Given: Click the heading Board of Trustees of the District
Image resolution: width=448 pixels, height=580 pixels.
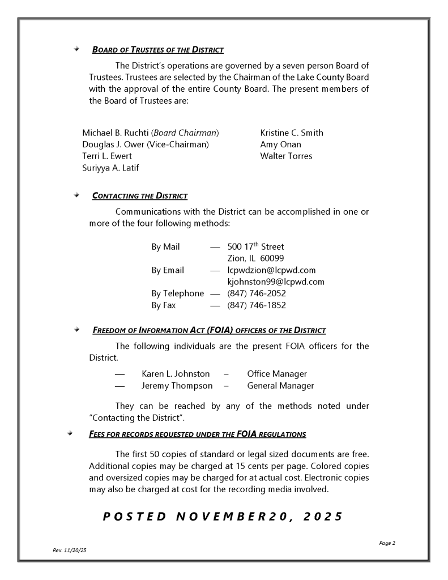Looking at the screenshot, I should click(157, 50).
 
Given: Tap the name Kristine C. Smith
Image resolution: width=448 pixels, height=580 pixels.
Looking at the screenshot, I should click(292, 133).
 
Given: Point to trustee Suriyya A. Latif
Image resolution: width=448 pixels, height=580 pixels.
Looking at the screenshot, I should click(110, 168).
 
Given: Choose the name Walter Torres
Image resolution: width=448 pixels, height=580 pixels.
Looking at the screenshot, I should click(286, 156).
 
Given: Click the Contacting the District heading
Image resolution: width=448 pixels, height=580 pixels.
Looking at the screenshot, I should click(139, 197).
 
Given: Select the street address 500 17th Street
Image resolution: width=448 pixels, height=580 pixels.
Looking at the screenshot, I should click(255, 247).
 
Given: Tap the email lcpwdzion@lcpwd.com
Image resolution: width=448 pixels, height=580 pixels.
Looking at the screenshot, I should click(271, 270).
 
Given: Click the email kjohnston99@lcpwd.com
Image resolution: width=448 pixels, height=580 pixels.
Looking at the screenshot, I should click(276, 282).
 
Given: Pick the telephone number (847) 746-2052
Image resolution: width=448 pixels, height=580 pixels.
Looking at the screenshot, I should click(257, 293).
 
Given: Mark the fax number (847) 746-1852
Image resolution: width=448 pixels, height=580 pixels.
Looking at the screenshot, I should click(257, 305).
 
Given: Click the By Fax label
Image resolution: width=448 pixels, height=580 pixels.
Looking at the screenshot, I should click(164, 305).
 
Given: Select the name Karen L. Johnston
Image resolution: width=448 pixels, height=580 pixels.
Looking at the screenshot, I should click(176, 374).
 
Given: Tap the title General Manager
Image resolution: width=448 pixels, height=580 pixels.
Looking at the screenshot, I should click(280, 386).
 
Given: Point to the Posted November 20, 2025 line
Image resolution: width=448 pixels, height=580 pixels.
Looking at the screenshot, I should click(223, 517).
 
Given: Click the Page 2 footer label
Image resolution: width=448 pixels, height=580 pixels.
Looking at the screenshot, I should click(387, 543).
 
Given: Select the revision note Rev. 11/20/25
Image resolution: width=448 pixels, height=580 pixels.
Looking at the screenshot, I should click(69, 550).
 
